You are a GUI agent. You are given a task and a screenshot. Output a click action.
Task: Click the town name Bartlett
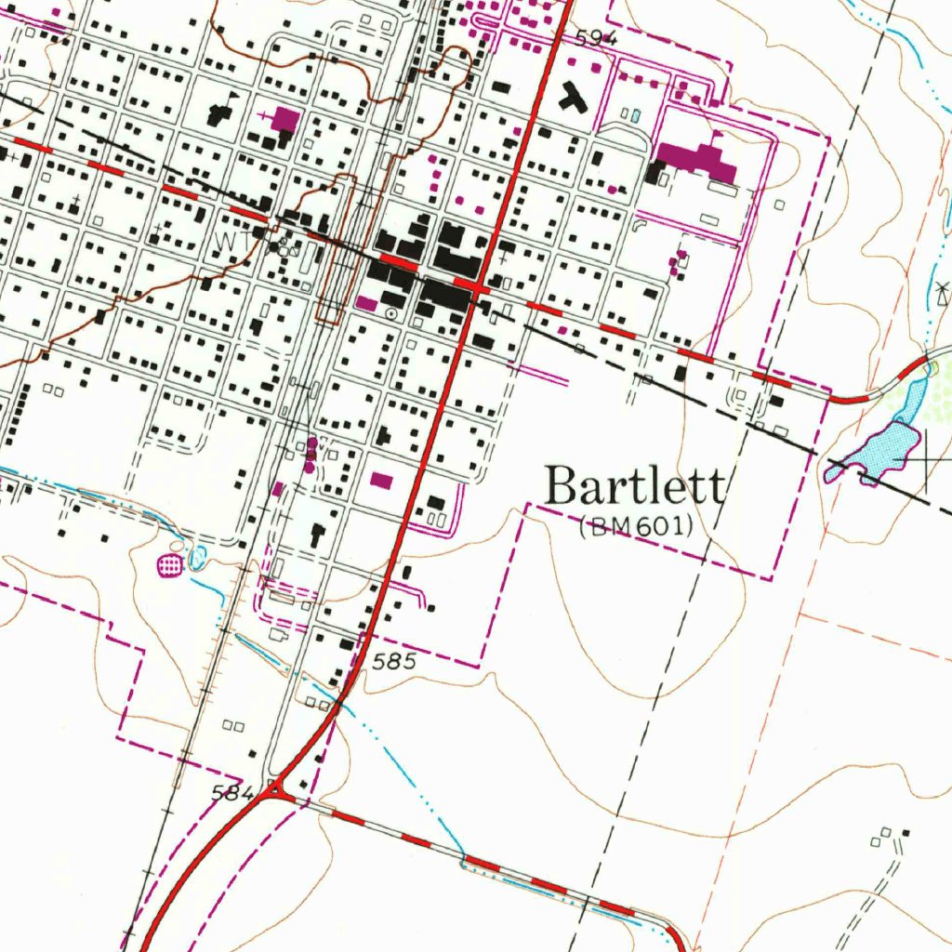click(635, 487)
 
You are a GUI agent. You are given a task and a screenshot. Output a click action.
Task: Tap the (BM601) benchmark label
click(636, 527)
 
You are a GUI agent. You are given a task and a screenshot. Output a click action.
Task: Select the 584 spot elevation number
click(231, 793)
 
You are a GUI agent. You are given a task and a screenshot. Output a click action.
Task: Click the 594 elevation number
click(595, 38)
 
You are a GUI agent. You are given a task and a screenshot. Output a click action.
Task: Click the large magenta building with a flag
click(698, 159)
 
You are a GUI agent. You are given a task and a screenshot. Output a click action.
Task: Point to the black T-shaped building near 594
click(574, 97)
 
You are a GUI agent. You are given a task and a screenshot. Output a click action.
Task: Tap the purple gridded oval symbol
click(169, 563)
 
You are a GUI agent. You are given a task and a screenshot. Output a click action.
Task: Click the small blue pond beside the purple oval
click(197, 559)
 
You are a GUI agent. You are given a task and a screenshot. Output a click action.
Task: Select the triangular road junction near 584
click(276, 791)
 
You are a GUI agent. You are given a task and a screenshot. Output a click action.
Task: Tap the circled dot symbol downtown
click(391, 315)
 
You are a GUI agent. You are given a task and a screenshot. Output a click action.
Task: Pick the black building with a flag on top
click(220, 113)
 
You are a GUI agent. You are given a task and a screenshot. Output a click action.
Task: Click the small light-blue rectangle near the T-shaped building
click(635, 116)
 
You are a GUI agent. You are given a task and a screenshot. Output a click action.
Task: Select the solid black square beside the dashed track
click(906, 832)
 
